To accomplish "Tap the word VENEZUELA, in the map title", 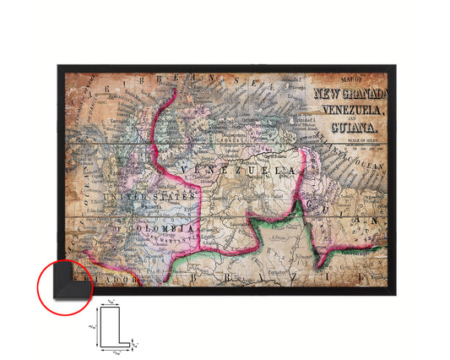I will click(348, 108).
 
